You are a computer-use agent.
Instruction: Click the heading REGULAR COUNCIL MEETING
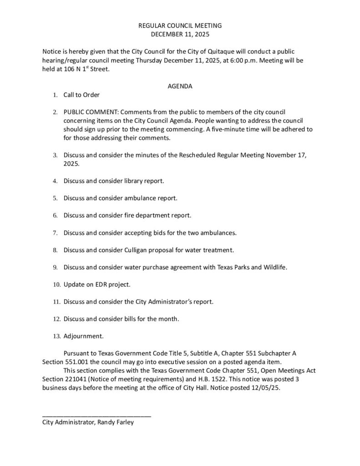pos(180,26)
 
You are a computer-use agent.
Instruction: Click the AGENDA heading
pos(180,86)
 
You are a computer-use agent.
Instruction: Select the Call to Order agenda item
pos(81,95)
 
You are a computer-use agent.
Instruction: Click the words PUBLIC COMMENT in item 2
pos(92,112)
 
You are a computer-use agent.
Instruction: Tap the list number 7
pos(55,233)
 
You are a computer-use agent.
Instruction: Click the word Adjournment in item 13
pos(83,336)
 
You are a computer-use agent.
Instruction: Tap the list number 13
pos(56,337)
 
